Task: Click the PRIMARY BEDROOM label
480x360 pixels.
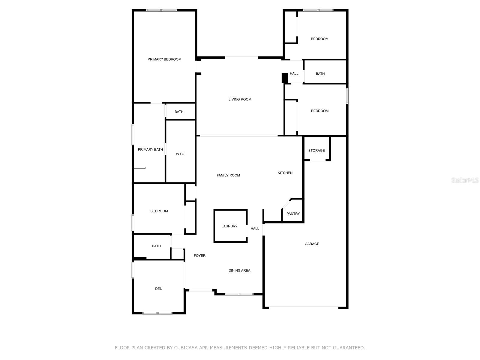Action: point(164,59)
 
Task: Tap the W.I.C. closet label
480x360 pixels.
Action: point(180,154)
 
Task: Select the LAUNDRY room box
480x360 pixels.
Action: point(230,226)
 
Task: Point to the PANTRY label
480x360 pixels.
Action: point(293,214)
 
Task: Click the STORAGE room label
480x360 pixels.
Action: point(316,150)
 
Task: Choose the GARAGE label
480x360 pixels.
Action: point(312,244)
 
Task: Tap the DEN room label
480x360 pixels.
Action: point(159,289)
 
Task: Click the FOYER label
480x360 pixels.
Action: point(199,256)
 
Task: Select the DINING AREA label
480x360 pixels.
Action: point(239,270)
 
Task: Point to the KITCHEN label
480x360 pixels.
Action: point(285,173)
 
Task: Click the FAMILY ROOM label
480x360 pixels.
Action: point(228,175)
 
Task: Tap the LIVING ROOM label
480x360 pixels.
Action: point(240,99)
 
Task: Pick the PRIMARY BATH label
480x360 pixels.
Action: point(150,149)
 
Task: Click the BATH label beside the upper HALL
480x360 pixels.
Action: point(320,73)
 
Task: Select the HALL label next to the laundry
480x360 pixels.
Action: point(255,228)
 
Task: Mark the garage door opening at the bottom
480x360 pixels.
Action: point(304,307)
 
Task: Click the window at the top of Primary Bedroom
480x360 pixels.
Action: point(162,10)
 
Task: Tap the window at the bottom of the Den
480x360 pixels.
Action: point(157,313)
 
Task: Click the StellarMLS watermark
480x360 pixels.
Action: point(465,180)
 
